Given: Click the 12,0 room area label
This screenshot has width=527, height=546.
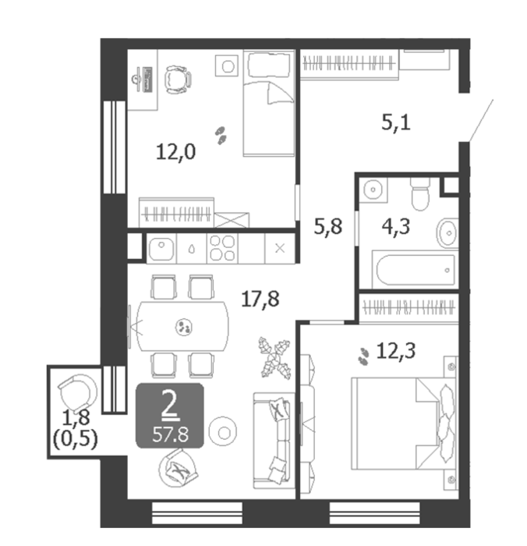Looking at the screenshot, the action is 175,152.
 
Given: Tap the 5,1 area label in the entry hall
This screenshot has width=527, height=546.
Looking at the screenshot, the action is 396,122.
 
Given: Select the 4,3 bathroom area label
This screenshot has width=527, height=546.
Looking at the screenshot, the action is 396,227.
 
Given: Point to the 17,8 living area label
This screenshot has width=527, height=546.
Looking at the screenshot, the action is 260,299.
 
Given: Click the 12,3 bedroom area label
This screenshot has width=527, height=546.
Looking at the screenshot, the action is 396,351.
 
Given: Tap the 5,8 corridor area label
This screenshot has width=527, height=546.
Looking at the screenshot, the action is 328,226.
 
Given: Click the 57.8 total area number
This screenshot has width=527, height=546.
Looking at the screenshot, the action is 170,434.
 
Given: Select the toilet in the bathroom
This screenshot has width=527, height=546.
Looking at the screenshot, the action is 420,194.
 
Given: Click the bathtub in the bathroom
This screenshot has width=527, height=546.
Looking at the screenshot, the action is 416,270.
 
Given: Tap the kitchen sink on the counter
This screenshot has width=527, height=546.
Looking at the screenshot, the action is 161,248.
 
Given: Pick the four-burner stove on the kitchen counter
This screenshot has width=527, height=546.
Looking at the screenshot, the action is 223,248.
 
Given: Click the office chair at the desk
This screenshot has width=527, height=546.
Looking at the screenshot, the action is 178,80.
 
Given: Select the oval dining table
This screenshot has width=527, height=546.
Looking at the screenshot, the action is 183,326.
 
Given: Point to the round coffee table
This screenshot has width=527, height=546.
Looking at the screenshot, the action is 223,432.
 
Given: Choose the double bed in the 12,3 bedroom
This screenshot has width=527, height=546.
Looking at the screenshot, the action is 404,424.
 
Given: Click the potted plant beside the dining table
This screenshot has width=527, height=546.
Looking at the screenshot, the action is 275,357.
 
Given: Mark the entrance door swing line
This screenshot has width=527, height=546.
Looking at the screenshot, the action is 481,120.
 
